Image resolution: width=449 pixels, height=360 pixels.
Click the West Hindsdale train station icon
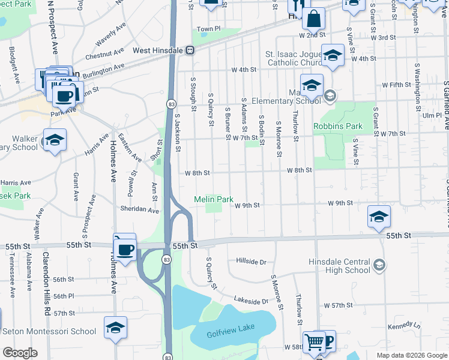[x=190, y=50]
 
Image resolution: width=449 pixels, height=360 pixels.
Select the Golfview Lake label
[x=231, y=327]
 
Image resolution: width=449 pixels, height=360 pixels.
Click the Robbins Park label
[x=338, y=127]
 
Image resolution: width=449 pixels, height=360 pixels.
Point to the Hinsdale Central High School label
[x=339, y=266]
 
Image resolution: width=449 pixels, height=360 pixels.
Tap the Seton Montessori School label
[x=49, y=331]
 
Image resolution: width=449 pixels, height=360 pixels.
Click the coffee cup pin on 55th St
[x=125, y=249]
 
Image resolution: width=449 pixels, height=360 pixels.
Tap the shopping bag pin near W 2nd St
[x=313, y=20]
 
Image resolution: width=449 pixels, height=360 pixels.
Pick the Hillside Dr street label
[x=251, y=262]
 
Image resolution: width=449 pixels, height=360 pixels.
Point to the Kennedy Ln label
[x=401, y=326]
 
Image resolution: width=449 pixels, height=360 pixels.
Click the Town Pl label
[x=209, y=29]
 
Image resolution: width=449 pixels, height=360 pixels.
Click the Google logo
[x=20, y=353]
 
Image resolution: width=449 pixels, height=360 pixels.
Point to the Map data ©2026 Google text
[x=411, y=355]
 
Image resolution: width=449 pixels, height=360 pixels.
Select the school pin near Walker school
[x=55, y=141]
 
